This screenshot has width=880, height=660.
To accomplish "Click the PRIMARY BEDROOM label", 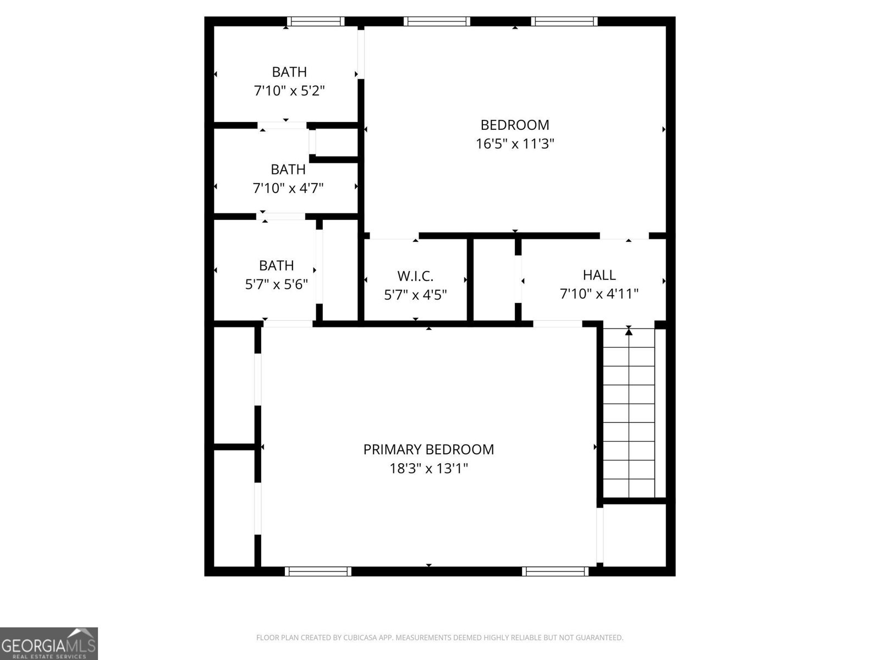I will coord(428,449).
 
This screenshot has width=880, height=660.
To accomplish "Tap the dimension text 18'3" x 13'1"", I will coord(428,469).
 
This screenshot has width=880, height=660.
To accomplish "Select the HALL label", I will coord(599,275).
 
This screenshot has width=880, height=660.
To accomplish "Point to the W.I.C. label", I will coord(415,276).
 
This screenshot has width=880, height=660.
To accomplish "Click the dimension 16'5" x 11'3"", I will coord(515,144).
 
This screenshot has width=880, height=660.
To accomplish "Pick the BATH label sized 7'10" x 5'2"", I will coord(289,72).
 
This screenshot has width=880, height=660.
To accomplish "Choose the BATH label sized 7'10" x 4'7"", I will coord(288,169).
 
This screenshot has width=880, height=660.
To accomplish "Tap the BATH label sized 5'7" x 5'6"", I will coord(276,266).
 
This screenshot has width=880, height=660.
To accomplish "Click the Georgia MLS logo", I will coord(48,643).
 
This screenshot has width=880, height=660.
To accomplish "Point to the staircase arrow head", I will coord(629,331).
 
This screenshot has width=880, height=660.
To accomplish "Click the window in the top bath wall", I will coord(315,21).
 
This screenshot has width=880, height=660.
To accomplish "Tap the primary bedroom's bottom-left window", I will coord(318,571).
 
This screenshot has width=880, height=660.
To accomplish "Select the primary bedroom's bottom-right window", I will coord(555,571).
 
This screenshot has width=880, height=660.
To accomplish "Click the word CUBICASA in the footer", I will coord(358,638).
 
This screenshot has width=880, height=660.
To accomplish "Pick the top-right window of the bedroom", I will coord(564,21).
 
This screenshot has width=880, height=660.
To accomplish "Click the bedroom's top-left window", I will coord(437,21).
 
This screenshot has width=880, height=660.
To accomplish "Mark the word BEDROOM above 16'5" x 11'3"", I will coord(515,125).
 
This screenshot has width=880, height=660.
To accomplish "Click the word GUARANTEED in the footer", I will coord(601,638).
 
